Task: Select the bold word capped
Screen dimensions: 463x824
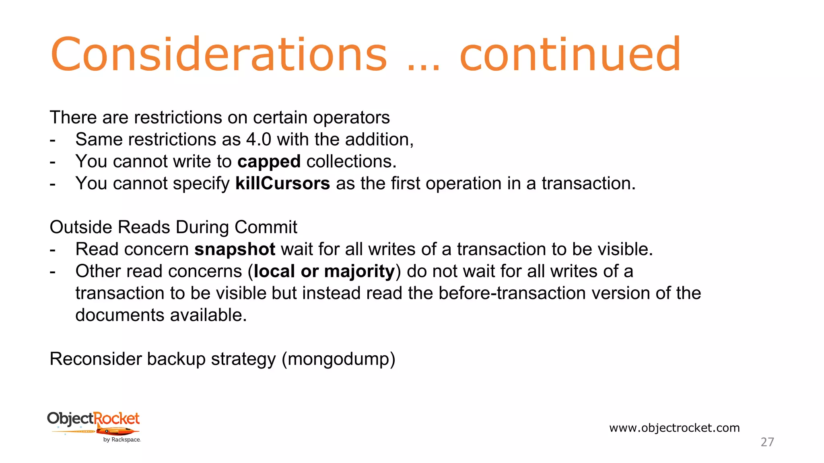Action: tap(269, 162)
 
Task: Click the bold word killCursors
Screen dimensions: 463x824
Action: tap(282, 184)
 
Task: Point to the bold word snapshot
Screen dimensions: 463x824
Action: tap(235, 250)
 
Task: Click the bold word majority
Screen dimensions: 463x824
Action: tap(359, 272)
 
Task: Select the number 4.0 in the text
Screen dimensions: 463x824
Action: tap(259, 140)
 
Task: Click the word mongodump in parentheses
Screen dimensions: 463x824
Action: tap(338, 359)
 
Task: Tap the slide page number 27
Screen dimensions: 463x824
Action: tap(767, 442)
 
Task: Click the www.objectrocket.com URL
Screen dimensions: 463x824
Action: tap(674, 428)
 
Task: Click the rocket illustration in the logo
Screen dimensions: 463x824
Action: tap(117, 432)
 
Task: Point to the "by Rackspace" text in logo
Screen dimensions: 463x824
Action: tap(122, 440)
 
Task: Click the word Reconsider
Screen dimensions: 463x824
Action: tap(95, 359)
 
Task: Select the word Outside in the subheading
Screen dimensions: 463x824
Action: tap(80, 227)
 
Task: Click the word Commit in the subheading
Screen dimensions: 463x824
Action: tap(266, 227)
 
